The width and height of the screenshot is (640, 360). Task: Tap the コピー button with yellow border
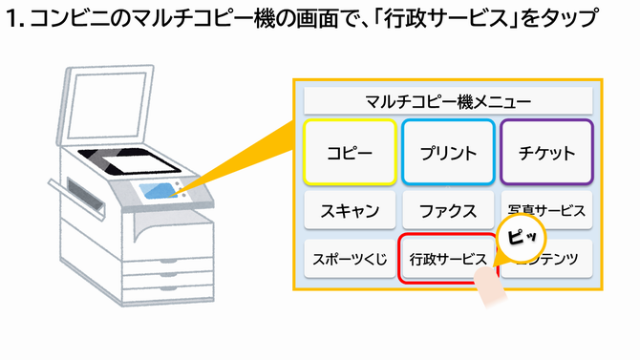click(350, 153)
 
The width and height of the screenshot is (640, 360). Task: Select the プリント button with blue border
click(448, 153)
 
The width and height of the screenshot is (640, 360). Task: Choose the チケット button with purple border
click(546, 153)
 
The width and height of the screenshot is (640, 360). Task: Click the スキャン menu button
click(350, 211)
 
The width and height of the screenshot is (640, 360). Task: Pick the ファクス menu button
click(448, 211)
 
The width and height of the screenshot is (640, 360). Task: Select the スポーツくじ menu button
click(349, 258)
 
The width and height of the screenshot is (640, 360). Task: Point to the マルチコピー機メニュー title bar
click(448, 99)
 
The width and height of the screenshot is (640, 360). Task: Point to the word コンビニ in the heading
click(65, 20)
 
